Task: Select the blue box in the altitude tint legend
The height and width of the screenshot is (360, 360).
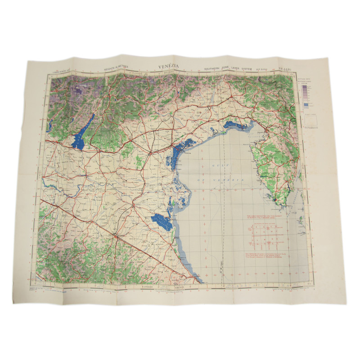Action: pos(306,105)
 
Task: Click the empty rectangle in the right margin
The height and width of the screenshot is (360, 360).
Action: pos(310,120)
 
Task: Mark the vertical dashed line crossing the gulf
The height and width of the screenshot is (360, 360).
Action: pos(224,216)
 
